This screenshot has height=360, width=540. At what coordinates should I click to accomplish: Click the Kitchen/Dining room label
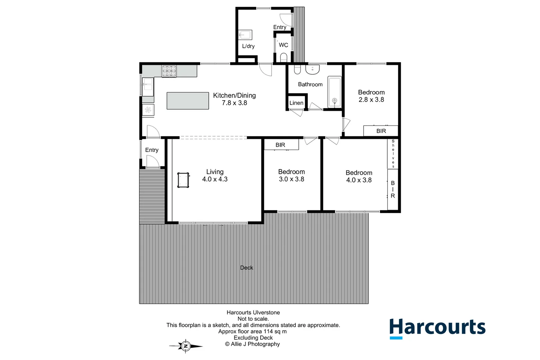click(234, 96)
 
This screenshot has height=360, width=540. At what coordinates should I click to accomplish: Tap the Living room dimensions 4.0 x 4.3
click(215, 179)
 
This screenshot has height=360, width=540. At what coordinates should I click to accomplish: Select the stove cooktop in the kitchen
click(169, 71)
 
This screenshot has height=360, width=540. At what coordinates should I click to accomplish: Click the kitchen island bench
click(188, 101)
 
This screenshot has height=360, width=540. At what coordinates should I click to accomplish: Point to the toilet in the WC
click(284, 58)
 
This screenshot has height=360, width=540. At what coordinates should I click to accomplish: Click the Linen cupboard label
click(296, 103)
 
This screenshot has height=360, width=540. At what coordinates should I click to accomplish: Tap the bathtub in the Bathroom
click(334, 92)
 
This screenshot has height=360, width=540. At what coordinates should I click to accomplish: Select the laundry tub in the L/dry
click(245, 35)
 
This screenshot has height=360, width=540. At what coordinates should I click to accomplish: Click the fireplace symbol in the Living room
click(183, 180)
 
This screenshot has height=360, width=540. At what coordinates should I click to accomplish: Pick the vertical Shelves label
click(393, 154)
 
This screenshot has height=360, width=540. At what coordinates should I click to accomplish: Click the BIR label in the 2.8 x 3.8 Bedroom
click(381, 131)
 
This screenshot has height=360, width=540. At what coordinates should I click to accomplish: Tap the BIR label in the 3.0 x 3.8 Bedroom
click(280, 145)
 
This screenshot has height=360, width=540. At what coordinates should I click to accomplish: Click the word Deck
click(246, 268)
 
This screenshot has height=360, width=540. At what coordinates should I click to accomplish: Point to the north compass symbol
click(186, 346)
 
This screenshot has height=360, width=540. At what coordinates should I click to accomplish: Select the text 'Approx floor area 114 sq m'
click(252, 331)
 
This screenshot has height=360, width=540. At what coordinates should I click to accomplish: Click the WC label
click(283, 45)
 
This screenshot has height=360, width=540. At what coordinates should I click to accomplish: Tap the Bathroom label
click(310, 85)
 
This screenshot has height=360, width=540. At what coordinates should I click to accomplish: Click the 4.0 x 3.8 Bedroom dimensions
click(359, 180)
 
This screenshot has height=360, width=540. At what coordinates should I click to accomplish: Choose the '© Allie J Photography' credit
click(252, 344)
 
